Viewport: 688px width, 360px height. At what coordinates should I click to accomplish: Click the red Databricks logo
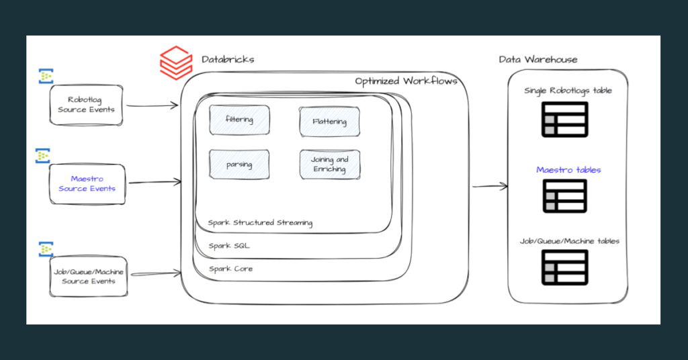point(176,62)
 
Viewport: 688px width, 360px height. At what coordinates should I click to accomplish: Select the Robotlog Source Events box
point(86,105)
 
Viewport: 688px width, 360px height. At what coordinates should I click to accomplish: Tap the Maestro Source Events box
point(87,184)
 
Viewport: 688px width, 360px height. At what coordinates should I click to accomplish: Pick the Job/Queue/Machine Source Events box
point(88,277)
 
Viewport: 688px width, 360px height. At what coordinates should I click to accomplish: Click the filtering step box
point(239,120)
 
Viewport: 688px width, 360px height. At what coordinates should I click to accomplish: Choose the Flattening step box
point(329,122)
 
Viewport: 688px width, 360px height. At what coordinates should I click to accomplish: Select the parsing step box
point(239,165)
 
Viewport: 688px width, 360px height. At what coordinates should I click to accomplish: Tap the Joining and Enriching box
point(330,165)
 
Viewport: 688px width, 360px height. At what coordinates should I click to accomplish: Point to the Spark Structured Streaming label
point(260,223)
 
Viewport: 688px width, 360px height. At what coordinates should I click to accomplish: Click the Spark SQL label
point(229,246)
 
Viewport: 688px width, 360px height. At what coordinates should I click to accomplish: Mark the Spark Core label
point(231,269)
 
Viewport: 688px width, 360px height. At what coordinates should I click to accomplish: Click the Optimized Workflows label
point(406,81)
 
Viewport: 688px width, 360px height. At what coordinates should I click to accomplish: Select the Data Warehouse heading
point(538,60)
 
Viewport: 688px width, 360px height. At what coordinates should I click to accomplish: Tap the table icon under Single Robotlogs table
point(564,120)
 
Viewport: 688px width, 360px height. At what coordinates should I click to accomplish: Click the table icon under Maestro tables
point(564,196)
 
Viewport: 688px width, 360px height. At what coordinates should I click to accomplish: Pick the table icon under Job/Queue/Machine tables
point(564,267)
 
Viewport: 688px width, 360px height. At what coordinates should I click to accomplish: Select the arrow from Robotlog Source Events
point(153,105)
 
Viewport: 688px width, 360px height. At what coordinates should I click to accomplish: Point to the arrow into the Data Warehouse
point(490,186)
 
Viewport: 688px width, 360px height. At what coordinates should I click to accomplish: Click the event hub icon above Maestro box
point(42,156)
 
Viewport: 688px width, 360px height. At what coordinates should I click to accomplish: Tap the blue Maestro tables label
point(568,170)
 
